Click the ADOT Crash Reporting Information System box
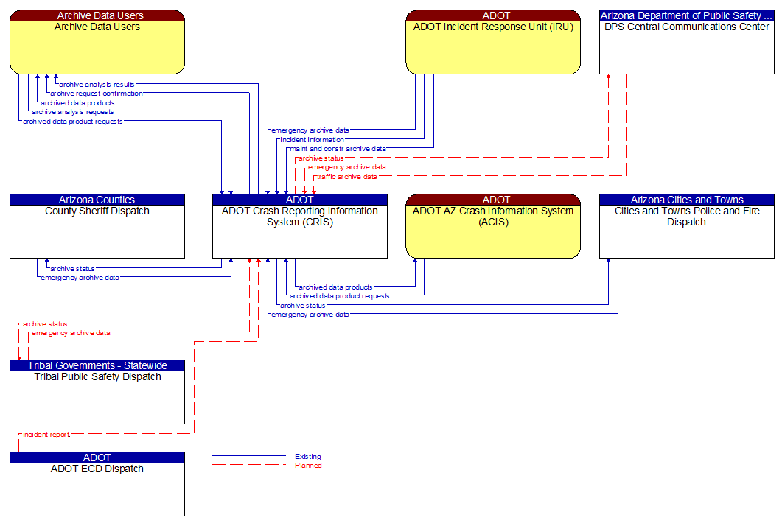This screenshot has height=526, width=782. click(x=299, y=231)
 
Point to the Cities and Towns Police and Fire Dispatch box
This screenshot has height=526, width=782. click(x=686, y=231)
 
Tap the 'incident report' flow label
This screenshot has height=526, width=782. click(x=46, y=435)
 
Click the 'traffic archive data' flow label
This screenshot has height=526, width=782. click(x=346, y=177)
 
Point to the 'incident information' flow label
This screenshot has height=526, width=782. click(x=311, y=140)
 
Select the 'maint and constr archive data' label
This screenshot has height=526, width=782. click(x=338, y=149)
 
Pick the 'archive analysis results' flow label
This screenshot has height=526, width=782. click(x=97, y=85)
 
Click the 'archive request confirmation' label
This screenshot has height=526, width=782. click(x=96, y=94)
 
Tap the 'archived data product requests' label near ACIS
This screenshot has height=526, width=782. click(x=339, y=296)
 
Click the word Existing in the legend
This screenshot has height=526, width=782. click(x=307, y=457)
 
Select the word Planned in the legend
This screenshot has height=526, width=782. click(x=308, y=466)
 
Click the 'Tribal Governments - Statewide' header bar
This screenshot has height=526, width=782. click(x=97, y=365)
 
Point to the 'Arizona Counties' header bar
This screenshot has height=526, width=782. click(x=97, y=200)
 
